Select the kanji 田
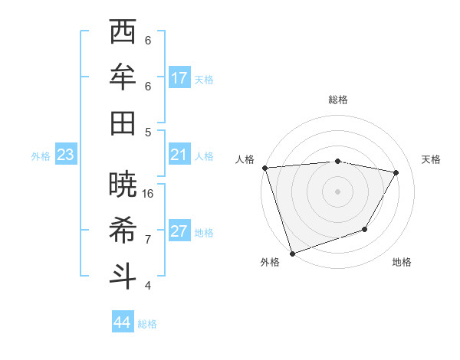(x=123, y=123)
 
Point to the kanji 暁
(x=123, y=184)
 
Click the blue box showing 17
(x=179, y=77)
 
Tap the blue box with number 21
(x=179, y=155)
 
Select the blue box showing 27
(x=179, y=232)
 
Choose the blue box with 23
(x=66, y=155)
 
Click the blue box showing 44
(x=123, y=322)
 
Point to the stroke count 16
(x=149, y=193)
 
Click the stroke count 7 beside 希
(x=148, y=239)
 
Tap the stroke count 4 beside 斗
(x=148, y=285)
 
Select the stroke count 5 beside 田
(x=148, y=132)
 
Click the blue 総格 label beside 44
(x=147, y=324)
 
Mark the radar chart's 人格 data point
(x=264, y=168)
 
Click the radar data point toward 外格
(x=292, y=254)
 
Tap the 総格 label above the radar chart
(x=337, y=100)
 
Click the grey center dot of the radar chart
(x=337, y=191)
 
